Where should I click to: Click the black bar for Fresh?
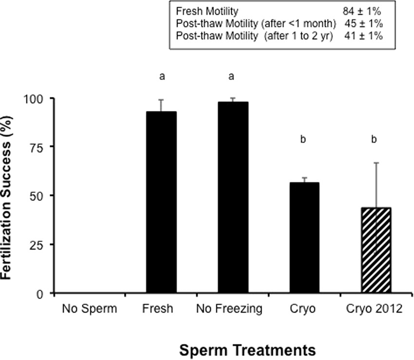point(161,202)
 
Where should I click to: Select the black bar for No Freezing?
point(233,197)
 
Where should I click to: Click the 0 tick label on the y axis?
point(40,293)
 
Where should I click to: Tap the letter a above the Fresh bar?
point(161,76)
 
